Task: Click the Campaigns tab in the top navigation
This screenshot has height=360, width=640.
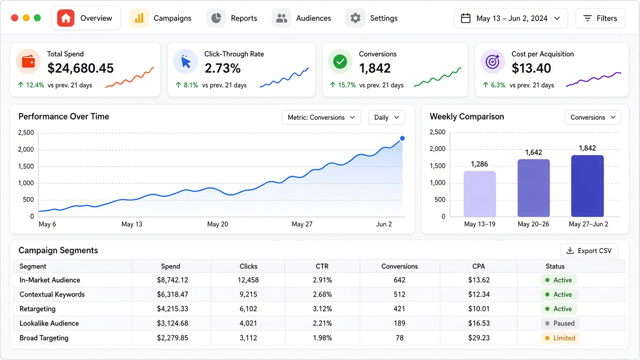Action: click(160, 18)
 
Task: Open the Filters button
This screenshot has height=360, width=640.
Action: click(600, 18)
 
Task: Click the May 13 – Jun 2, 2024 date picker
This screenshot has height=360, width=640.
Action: click(510, 18)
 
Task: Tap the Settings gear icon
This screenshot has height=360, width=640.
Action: click(355, 18)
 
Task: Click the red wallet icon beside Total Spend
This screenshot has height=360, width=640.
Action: click(28, 61)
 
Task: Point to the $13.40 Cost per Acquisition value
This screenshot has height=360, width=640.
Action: click(531, 68)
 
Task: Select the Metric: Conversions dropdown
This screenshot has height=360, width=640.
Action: click(321, 117)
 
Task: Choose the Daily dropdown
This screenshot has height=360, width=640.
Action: click(386, 117)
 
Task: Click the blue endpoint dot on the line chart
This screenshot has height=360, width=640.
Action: click(402, 138)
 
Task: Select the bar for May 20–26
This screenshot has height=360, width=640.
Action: click(533, 187)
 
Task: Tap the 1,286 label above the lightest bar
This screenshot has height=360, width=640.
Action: click(479, 164)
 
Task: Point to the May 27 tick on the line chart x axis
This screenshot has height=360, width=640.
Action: click(301, 224)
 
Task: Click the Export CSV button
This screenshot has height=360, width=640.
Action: click(589, 250)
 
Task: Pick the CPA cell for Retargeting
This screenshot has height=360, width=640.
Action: click(478, 309)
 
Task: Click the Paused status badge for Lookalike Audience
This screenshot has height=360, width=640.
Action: click(560, 323)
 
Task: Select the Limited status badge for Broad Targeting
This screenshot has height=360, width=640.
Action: click(560, 338)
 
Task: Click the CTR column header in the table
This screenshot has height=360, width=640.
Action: click(322, 266)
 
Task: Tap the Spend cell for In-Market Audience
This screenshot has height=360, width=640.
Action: click(172, 280)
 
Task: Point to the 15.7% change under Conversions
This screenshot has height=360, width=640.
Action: click(346, 85)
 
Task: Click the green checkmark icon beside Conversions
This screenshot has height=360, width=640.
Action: click(340, 61)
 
